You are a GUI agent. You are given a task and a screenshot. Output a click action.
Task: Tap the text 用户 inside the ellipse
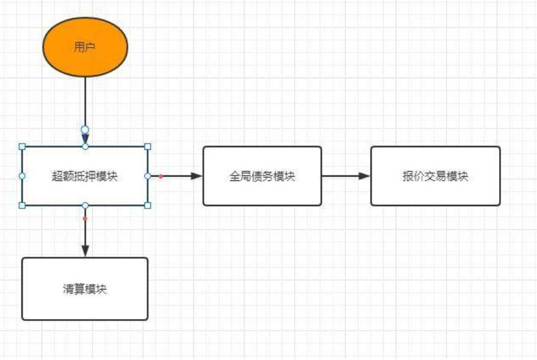click(x=85, y=48)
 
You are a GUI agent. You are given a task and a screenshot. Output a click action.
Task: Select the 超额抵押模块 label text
click(x=84, y=176)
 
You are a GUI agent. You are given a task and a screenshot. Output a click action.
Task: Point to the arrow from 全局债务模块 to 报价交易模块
click(x=346, y=176)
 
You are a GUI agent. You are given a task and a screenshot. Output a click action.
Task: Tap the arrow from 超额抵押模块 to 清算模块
click(x=85, y=235)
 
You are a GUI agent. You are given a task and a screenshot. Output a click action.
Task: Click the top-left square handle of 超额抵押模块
click(x=23, y=147)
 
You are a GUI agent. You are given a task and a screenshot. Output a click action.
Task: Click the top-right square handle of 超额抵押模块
click(x=147, y=147)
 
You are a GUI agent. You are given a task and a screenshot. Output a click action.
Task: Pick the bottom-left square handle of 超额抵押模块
click(x=23, y=205)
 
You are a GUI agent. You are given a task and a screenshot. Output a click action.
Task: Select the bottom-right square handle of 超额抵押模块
click(x=147, y=205)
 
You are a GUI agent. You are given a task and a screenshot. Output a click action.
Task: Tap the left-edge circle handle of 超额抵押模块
click(x=23, y=176)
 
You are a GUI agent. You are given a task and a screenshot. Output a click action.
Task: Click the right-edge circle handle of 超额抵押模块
click(x=147, y=176)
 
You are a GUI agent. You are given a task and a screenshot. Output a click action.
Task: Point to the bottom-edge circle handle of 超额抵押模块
click(x=85, y=205)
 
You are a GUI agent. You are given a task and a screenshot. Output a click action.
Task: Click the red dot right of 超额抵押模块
click(x=161, y=176)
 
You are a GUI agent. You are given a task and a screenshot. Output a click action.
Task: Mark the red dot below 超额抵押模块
click(x=85, y=218)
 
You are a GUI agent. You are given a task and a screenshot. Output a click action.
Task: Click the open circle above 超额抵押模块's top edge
click(x=85, y=130)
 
